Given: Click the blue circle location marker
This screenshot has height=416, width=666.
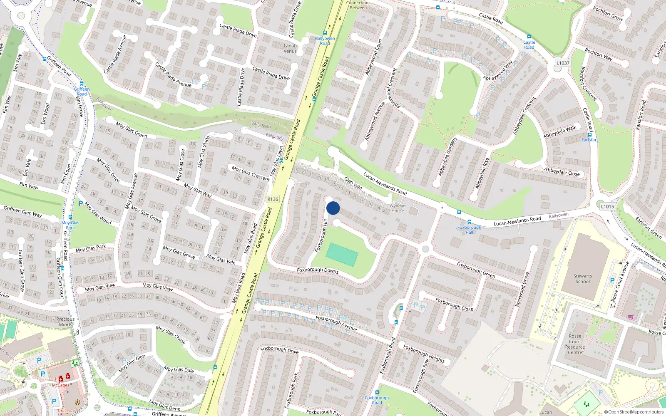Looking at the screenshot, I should (333, 208).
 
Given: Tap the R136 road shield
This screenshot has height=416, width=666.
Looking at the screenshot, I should (273, 199).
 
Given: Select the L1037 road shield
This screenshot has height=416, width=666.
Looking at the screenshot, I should (563, 63).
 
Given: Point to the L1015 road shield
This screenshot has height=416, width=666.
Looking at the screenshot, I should (607, 206).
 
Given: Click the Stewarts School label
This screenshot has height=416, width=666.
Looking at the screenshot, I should (582, 279).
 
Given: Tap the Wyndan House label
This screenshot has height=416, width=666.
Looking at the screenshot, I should (398, 208).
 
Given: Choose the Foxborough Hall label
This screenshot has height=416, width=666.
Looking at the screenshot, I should (469, 230).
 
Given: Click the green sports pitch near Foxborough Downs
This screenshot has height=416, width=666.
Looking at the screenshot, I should (342, 255).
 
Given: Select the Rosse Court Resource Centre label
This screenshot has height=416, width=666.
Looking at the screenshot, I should (575, 344).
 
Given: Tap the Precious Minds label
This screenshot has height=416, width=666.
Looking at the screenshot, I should (65, 322).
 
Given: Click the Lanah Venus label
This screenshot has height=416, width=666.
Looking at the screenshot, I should (290, 48).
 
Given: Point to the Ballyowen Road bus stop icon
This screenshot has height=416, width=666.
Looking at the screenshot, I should (325, 33).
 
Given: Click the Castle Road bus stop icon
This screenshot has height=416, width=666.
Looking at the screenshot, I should (529, 37).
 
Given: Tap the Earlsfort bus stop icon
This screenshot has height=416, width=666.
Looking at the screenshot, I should (590, 135).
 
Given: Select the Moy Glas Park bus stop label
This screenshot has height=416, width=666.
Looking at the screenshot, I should (70, 225).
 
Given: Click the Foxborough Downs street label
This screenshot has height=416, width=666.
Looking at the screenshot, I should (318, 270).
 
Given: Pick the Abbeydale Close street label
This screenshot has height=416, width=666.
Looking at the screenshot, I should (562, 171).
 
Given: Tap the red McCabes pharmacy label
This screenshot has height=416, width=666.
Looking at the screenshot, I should (60, 385).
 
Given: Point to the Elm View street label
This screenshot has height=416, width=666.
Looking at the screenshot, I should (29, 185).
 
